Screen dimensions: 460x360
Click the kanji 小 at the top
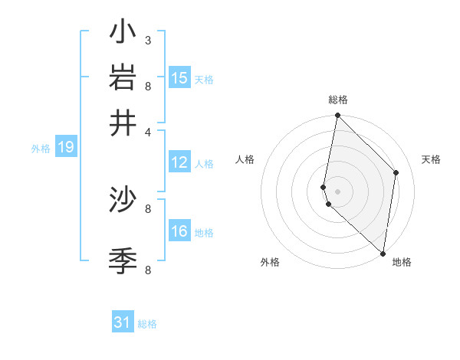coord(123,33)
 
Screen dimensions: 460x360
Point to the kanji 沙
coord(123,200)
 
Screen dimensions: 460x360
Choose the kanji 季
coord(123,261)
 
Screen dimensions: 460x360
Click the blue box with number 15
coord(179,78)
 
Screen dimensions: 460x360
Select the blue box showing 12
coord(179,162)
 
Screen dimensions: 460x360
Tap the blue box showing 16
coord(179,231)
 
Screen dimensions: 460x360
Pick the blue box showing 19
coord(66,148)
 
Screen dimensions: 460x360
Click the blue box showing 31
coord(123,322)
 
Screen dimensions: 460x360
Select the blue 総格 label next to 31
coord(147,324)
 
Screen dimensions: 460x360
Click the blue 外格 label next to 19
coord(41,149)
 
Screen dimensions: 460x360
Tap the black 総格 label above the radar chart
coord(338,100)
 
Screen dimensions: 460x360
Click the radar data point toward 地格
coord(383,254)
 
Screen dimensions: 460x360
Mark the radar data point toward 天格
coord(396,172)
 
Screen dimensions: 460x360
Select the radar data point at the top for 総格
coord(337,116)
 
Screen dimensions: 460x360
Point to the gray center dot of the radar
coord(337,191)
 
